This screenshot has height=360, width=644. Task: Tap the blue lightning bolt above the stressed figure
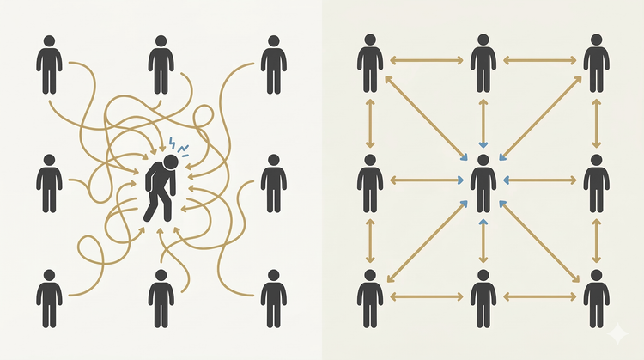click(173, 143)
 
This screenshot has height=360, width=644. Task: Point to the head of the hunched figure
click(171, 161)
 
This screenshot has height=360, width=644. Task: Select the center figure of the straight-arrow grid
click(483, 183)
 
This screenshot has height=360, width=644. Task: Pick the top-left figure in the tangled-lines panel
click(49, 64)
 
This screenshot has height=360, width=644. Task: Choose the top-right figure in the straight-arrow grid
click(596, 64)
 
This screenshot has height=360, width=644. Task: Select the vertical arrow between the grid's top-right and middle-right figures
click(596, 124)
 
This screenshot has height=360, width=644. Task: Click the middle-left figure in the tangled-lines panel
click(49, 183)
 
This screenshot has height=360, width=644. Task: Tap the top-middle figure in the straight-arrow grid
click(483, 64)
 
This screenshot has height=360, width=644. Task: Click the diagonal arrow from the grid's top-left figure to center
click(425, 118)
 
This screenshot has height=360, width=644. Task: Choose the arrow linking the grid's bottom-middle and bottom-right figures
click(539, 296)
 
